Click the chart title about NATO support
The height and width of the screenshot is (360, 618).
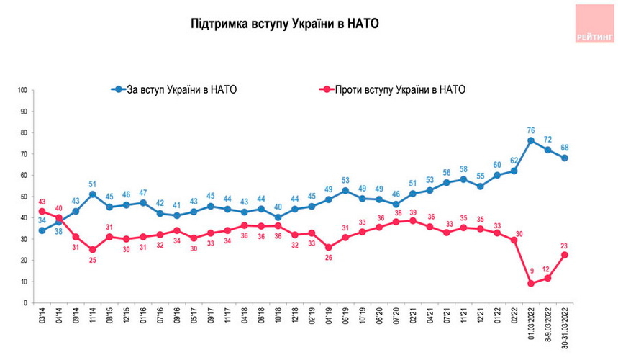(x=285, y=24)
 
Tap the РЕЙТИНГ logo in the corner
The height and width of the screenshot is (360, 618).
(x=594, y=24)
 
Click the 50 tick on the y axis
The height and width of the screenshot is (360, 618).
(x=23, y=197)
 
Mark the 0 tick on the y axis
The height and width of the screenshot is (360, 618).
(x=25, y=303)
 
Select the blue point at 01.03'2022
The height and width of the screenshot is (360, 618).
(x=531, y=140)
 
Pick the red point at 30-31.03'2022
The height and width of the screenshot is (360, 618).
(x=565, y=254)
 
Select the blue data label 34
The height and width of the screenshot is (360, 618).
(x=42, y=220)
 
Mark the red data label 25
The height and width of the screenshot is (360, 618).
(x=92, y=260)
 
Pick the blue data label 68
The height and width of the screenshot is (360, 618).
(x=565, y=148)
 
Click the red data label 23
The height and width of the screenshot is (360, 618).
(x=565, y=244)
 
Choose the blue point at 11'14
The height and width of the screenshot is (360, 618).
(x=92, y=194)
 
